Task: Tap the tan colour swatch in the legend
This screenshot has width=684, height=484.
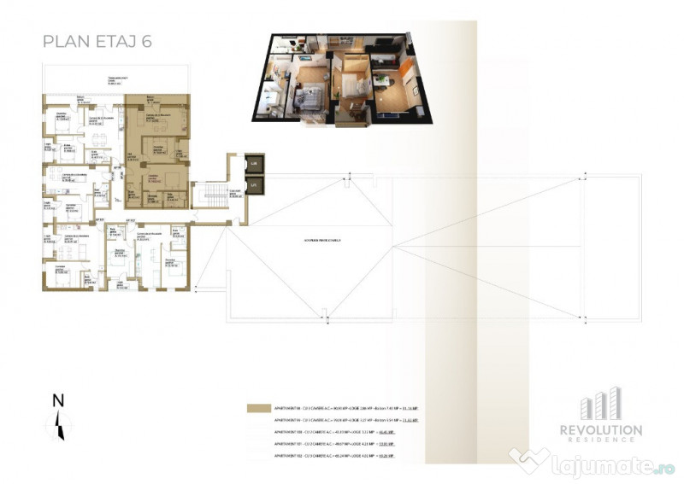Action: pyautogui.click(x=256, y=407)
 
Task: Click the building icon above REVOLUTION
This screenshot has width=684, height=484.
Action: pyautogui.click(x=609, y=404)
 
